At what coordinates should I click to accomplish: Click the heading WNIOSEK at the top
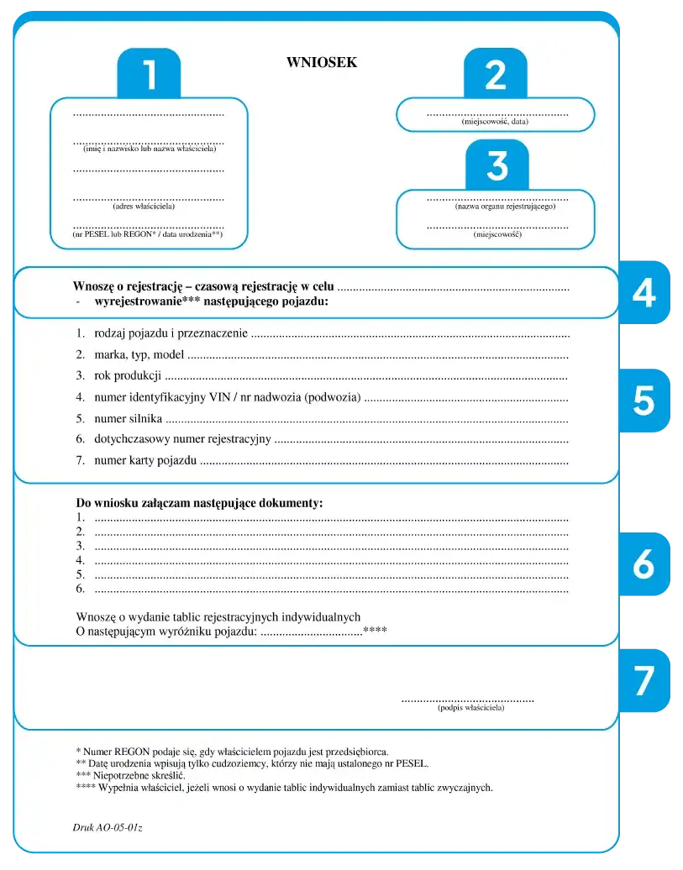click(322, 62)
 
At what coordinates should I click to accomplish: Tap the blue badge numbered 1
click(149, 75)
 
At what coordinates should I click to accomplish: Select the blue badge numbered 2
click(496, 76)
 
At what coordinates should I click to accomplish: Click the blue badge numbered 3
click(496, 166)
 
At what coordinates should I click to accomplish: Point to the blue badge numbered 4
click(644, 291)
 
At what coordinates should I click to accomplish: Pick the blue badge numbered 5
click(644, 401)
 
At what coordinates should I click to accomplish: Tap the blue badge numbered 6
click(644, 564)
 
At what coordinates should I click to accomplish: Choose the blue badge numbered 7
click(644, 680)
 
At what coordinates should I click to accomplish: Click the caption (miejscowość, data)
click(495, 122)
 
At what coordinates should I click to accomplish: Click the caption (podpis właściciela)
click(470, 708)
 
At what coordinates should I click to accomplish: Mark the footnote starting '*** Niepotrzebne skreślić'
click(130, 776)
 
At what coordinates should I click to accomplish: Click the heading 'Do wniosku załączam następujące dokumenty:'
click(199, 502)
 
